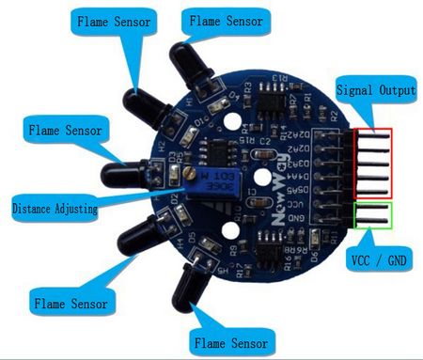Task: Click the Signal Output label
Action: pyautogui.click(x=375, y=92)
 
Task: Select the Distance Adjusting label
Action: pyautogui.click(x=55, y=208)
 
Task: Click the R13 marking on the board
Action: pyautogui.click(x=278, y=79)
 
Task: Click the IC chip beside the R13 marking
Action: pyautogui.click(x=274, y=102)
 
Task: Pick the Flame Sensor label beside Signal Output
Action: pyautogui.click(x=226, y=19)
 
